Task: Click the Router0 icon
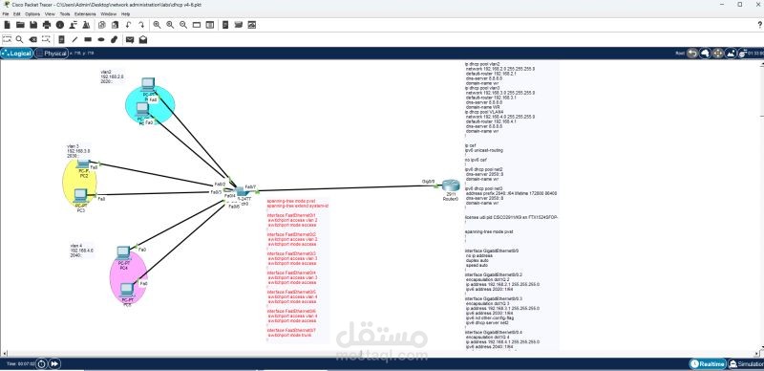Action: click(x=451, y=185)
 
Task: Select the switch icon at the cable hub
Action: click(x=244, y=194)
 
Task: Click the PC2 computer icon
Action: click(x=83, y=166)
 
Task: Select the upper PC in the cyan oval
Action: click(x=148, y=84)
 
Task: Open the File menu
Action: click(x=6, y=14)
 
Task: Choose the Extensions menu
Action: click(x=83, y=14)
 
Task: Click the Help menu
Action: click(x=125, y=14)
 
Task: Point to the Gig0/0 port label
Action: click(x=428, y=180)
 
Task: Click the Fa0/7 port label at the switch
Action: click(x=250, y=185)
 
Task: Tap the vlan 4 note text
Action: click(x=75, y=246)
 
